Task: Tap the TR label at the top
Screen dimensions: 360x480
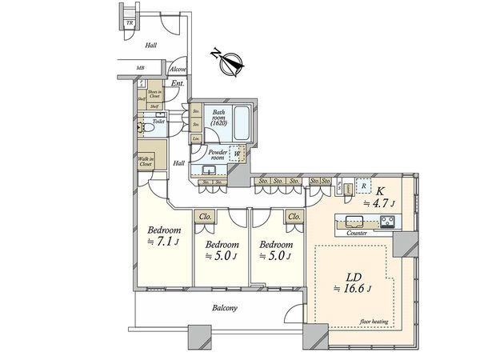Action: click(x=130, y=22)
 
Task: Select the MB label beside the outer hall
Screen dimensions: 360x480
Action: click(x=139, y=69)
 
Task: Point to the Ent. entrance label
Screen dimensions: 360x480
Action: click(x=178, y=83)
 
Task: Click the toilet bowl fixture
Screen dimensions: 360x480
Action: click(x=144, y=127)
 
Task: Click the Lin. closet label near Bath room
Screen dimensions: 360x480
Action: click(x=196, y=138)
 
